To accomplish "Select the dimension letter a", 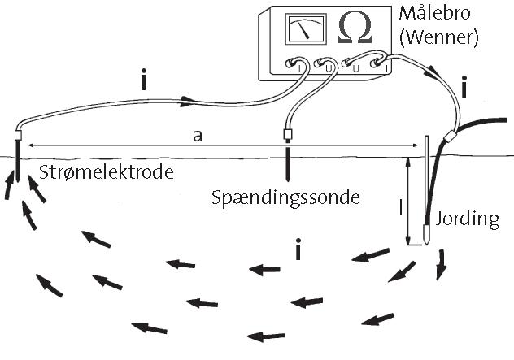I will (198, 136).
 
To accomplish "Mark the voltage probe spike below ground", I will (287, 167).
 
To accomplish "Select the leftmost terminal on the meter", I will (294, 63).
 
